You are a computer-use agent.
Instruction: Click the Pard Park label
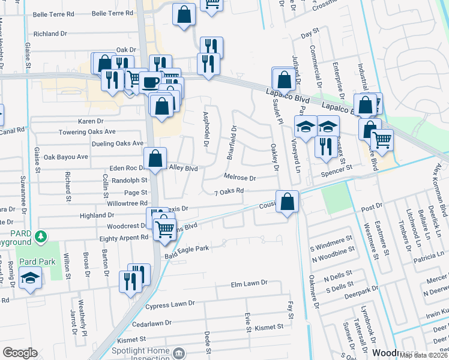pyautogui.click(x=37, y=262)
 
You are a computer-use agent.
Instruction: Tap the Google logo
pyautogui.click(x=20, y=352)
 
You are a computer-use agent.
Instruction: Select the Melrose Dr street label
pyautogui.click(x=240, y=178)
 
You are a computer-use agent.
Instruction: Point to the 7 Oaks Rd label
pyautogui.click(x=229, y=191)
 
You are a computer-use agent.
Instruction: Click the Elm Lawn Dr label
pyautogui.click(x=249, y=283)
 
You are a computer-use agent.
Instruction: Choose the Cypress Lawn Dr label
pyautogui.click(x=170, y=305)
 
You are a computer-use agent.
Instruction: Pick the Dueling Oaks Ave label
pyautogui.click(x=118, y=143)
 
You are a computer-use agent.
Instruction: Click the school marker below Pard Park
pyautogui.click(x=30, y=278)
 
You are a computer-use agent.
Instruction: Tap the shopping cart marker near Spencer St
pyautogui.click(x=382, y=140)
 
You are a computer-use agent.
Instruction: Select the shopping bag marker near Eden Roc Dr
pyautogui.click(x=155, y=159)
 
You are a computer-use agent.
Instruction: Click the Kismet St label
pyautogui.click(x=268, y=327)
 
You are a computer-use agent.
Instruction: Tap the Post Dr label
pyautogui.click(x=372, y=206)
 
